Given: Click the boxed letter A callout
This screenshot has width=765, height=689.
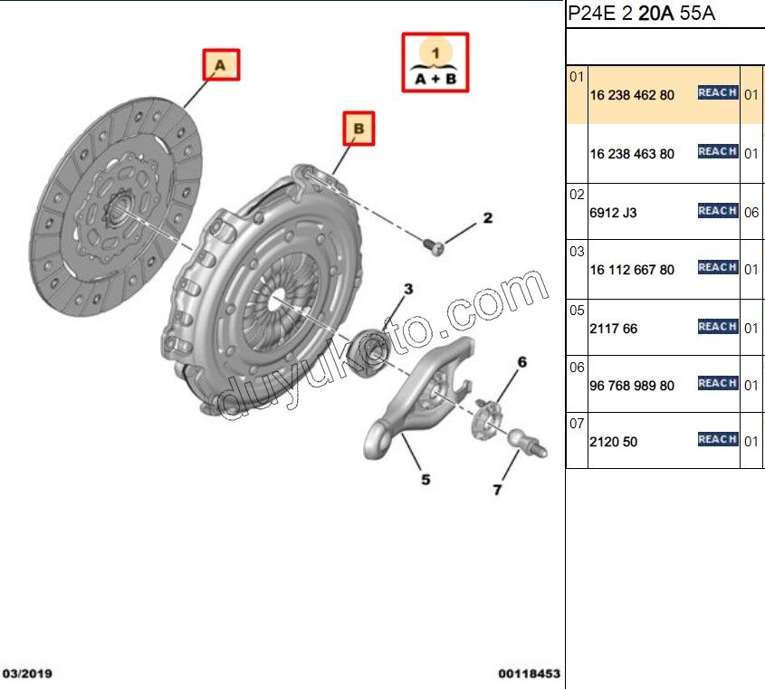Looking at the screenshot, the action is tap(221, 64).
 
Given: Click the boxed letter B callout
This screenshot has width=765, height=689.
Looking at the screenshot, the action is tap(359, 129).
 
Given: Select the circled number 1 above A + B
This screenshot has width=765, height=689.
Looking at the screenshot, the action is tap(435, 52).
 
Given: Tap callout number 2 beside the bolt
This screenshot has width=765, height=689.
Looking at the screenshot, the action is tap(487, 218).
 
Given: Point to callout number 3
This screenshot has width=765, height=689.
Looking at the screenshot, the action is tap(408, 289).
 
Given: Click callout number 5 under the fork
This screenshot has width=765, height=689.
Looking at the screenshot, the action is tap(426, 480).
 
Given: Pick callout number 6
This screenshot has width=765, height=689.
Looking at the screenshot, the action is tap(522, 362).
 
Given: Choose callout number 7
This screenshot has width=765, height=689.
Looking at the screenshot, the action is tap(497, 490).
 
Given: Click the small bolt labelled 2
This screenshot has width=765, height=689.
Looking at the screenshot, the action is tap(434, 246).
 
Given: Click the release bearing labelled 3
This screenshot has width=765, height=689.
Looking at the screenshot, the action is tap(368, 352).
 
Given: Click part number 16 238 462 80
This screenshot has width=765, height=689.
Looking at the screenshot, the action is tap(632, 95).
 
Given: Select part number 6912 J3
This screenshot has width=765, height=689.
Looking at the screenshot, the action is tap(613, 213).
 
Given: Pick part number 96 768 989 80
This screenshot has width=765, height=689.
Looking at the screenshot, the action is tap(632, 386).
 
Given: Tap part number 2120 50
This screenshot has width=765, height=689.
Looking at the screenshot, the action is tap(613, 442).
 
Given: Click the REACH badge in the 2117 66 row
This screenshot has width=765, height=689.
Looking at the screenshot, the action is tap(718, 327).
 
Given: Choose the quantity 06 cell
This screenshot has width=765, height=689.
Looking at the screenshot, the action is tap(751, 213).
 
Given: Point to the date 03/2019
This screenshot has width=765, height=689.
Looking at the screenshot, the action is tap(27, 674).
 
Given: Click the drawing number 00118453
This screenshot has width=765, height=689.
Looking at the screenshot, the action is tap(530, 674).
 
